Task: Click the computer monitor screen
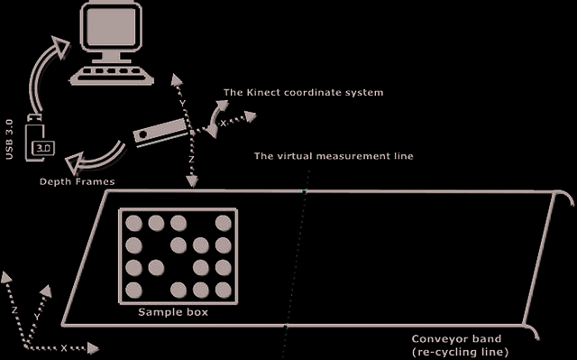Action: (x=110, y=26)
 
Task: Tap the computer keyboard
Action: (x=112, y=75)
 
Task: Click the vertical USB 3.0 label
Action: (x=9, y=139)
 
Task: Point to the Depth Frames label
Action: (x=77, y=181)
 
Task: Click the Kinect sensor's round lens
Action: (x=143, y=134)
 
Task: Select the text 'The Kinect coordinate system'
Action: (x=303, y=92)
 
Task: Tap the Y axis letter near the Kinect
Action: (x=182, y=104)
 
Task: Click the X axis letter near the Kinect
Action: (x=223, y=124)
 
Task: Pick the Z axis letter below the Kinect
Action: (x=191, y=160)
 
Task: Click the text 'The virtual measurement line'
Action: (x=334, y=156)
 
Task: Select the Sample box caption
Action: (x=173, y=312)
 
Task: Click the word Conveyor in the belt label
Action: (x=437, y=338)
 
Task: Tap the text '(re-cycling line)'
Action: (x=461, y=352)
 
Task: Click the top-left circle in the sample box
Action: (x=133, y=223)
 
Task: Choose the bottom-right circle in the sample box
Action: (x=224, y=290)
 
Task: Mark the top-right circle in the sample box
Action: (x=224, y=223)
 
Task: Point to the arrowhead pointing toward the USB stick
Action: (x=74, y=162)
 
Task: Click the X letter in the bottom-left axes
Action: (x=64, y=348)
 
